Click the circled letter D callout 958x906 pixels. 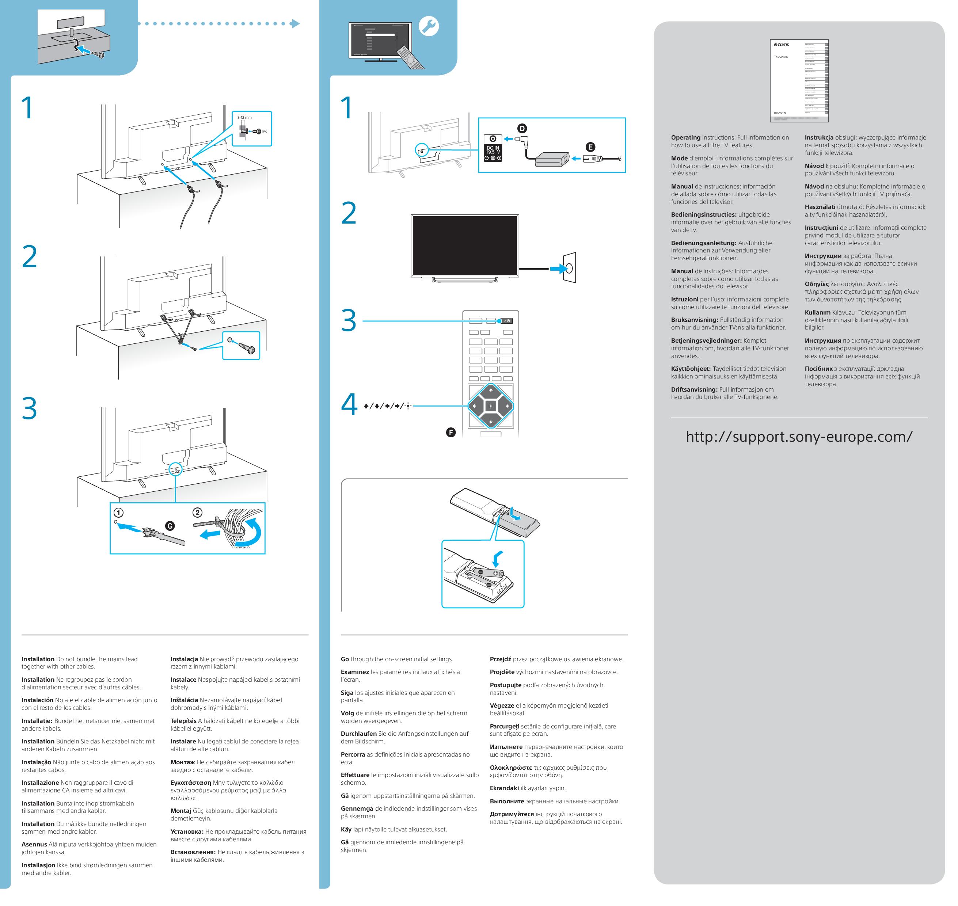pyautogui.click(x=522, y=129)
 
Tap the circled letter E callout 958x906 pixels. pyautogui.click(x=590, y=147)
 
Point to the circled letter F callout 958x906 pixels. pyautogui.click(x=451, y=432)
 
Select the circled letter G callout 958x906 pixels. pyautogui.click(x=170, y=526)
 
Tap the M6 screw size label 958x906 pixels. pyautogui.click(x=264, y=132)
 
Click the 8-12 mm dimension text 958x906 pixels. pyautogui.click(x=244, y=117)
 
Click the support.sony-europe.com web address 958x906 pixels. pyautogui.click(x=799, y=437)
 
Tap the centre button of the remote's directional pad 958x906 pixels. pyautogui.click(x=490, y=406)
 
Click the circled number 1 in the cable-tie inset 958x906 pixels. pyautogui.click(x=118, y=513)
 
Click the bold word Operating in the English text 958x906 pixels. pyautogui.click(x=685, y=138)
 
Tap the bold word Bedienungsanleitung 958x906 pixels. pyautogui.click(x=703, y=243)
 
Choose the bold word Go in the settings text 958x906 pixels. pyautogui.click(x=345, y=659)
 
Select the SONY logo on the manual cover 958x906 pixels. pyautogui.click(x=781, y=45)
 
